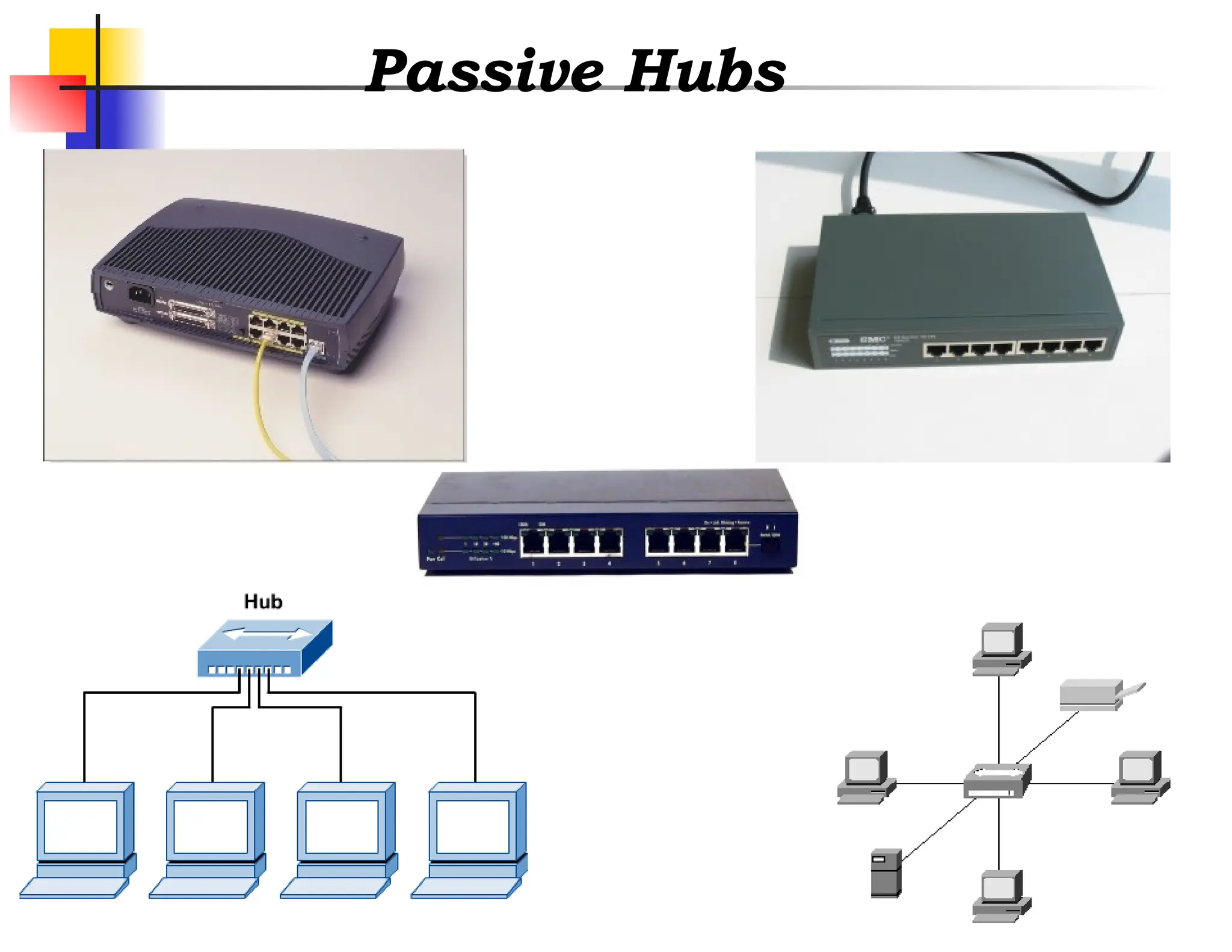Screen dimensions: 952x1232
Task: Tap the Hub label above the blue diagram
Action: tap(263, 601)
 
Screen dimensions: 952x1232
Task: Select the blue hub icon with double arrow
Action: tap(265, 649)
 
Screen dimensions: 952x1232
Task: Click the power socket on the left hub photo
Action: tap(140, 294)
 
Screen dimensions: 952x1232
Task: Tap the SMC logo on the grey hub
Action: tap(873, 339)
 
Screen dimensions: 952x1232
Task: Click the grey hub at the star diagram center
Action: tap(997, 780)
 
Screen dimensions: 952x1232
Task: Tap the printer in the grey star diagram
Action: tap(1092, 695)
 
